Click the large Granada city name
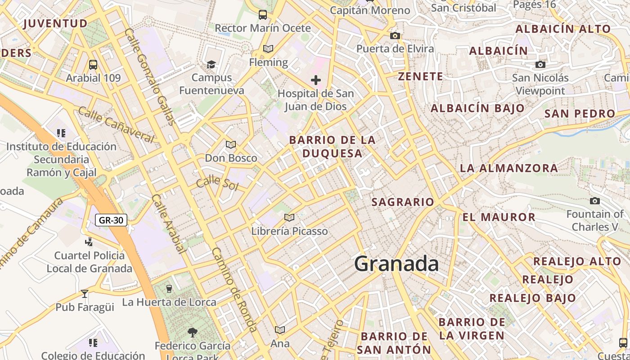[x=396, y=264]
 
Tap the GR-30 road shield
[x=111, y=220]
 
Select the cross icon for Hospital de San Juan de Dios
[x=316, y=80]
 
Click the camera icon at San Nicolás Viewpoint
[x=540, y=65]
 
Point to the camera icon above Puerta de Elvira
[x=395, y=36]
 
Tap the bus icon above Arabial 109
[x=93, y=65]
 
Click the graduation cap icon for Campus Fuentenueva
[x=211, y=64]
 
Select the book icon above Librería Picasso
[x=289, y=218]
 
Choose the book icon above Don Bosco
[x=231, y=144]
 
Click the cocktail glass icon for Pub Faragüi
[x=85, y=294]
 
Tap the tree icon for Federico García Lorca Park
[x=193, y=333]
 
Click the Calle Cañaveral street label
[x=116, y=125]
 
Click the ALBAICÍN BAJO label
[x=477, y=108]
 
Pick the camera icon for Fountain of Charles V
[x=595, y=201]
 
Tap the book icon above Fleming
[x=268, y=49]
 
